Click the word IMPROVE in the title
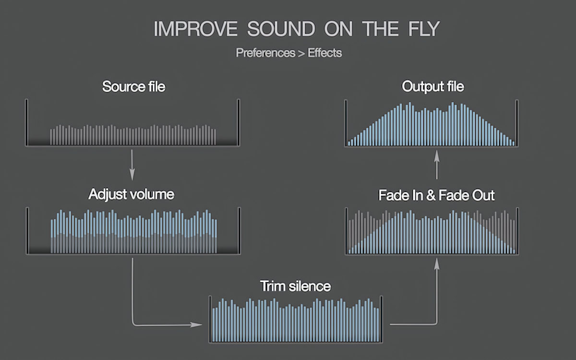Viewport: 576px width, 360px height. coord(195,29)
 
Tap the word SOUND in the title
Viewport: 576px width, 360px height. coord(281,29)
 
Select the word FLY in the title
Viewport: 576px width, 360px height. coord(421,29)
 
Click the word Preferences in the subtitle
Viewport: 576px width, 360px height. coord(265,53)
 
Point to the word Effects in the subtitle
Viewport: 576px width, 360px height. coord(325,53)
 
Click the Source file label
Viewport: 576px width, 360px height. coord(133,87)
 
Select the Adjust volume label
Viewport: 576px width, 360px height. coord(131,194)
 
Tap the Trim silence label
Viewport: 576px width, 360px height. coord(295,287)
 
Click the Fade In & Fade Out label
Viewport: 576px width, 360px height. coord(436,195)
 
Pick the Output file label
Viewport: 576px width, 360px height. coord(433,87)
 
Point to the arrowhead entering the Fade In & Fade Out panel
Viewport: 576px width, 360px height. coord(437,262)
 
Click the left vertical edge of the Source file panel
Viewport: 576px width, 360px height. coord(26,122)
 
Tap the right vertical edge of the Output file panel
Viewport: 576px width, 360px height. coord(517,122)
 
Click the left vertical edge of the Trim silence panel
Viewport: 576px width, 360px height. coord(210,319)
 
